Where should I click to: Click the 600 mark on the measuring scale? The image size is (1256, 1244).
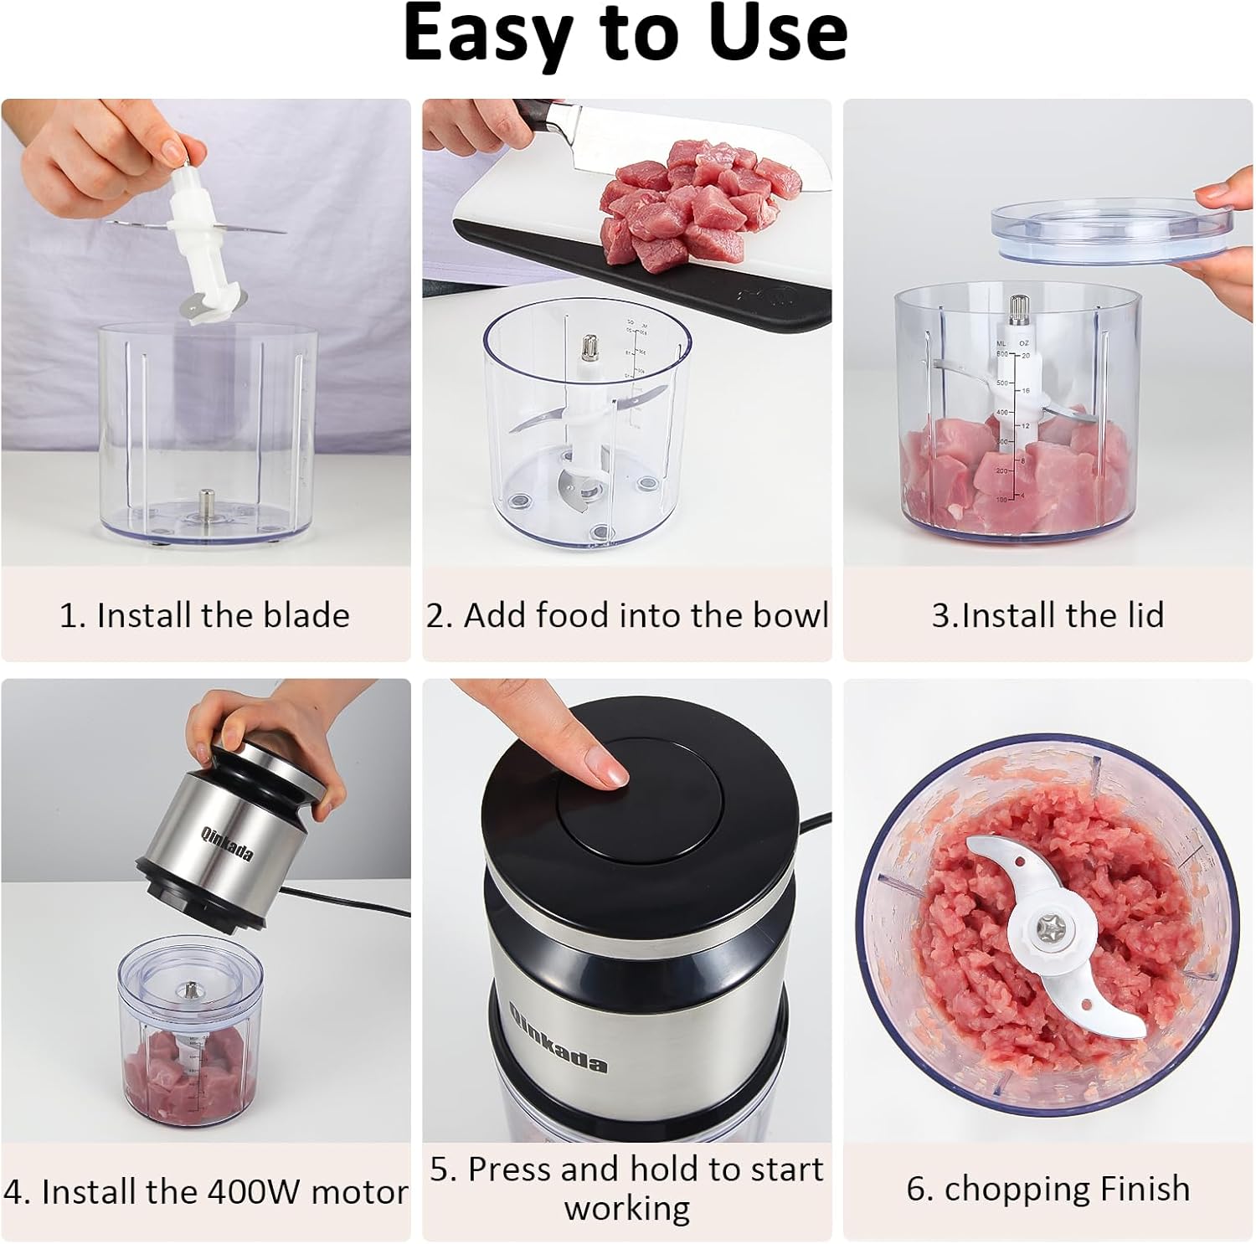1002,355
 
